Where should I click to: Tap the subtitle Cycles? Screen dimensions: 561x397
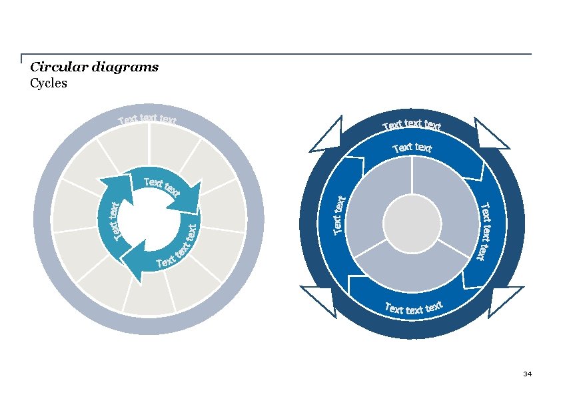point(49,83)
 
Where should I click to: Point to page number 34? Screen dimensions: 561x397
point(527,374)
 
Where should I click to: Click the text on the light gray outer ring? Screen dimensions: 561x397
point(147,120)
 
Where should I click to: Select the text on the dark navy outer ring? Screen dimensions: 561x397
point(412,125)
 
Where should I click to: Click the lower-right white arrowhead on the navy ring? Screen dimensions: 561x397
point(502,298)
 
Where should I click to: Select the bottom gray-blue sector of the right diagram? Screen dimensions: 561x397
point(412,270)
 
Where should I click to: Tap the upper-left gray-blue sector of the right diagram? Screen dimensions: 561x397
point(376,200)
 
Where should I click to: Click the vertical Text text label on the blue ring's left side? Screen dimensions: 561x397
point(339,215)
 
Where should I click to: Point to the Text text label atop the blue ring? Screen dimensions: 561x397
point(412,147)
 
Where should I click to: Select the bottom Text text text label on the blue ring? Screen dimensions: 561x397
point(414,308)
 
